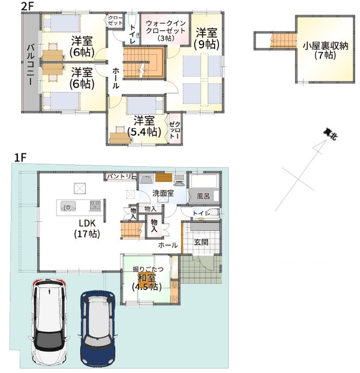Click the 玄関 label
(201, 242)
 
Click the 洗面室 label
(162, 193)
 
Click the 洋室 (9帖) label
(207, 38)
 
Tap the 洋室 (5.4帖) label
(144, 126)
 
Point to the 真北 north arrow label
(328, 133)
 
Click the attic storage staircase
(280, 40)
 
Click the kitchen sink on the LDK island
(69, 205)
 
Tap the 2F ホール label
(117, 79)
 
